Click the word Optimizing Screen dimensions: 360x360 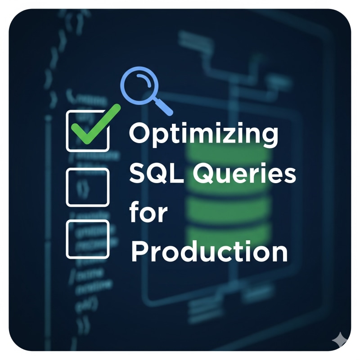204,135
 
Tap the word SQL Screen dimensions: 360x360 157,173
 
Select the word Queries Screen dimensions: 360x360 244,173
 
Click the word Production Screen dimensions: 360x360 209,252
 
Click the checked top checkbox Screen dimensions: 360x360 87,131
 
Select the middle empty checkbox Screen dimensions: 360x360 87,187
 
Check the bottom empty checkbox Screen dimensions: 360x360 87,239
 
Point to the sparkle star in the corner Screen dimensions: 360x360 341,341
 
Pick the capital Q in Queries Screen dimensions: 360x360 205,173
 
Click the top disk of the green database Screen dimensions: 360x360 228,153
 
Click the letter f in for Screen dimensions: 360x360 135,211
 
